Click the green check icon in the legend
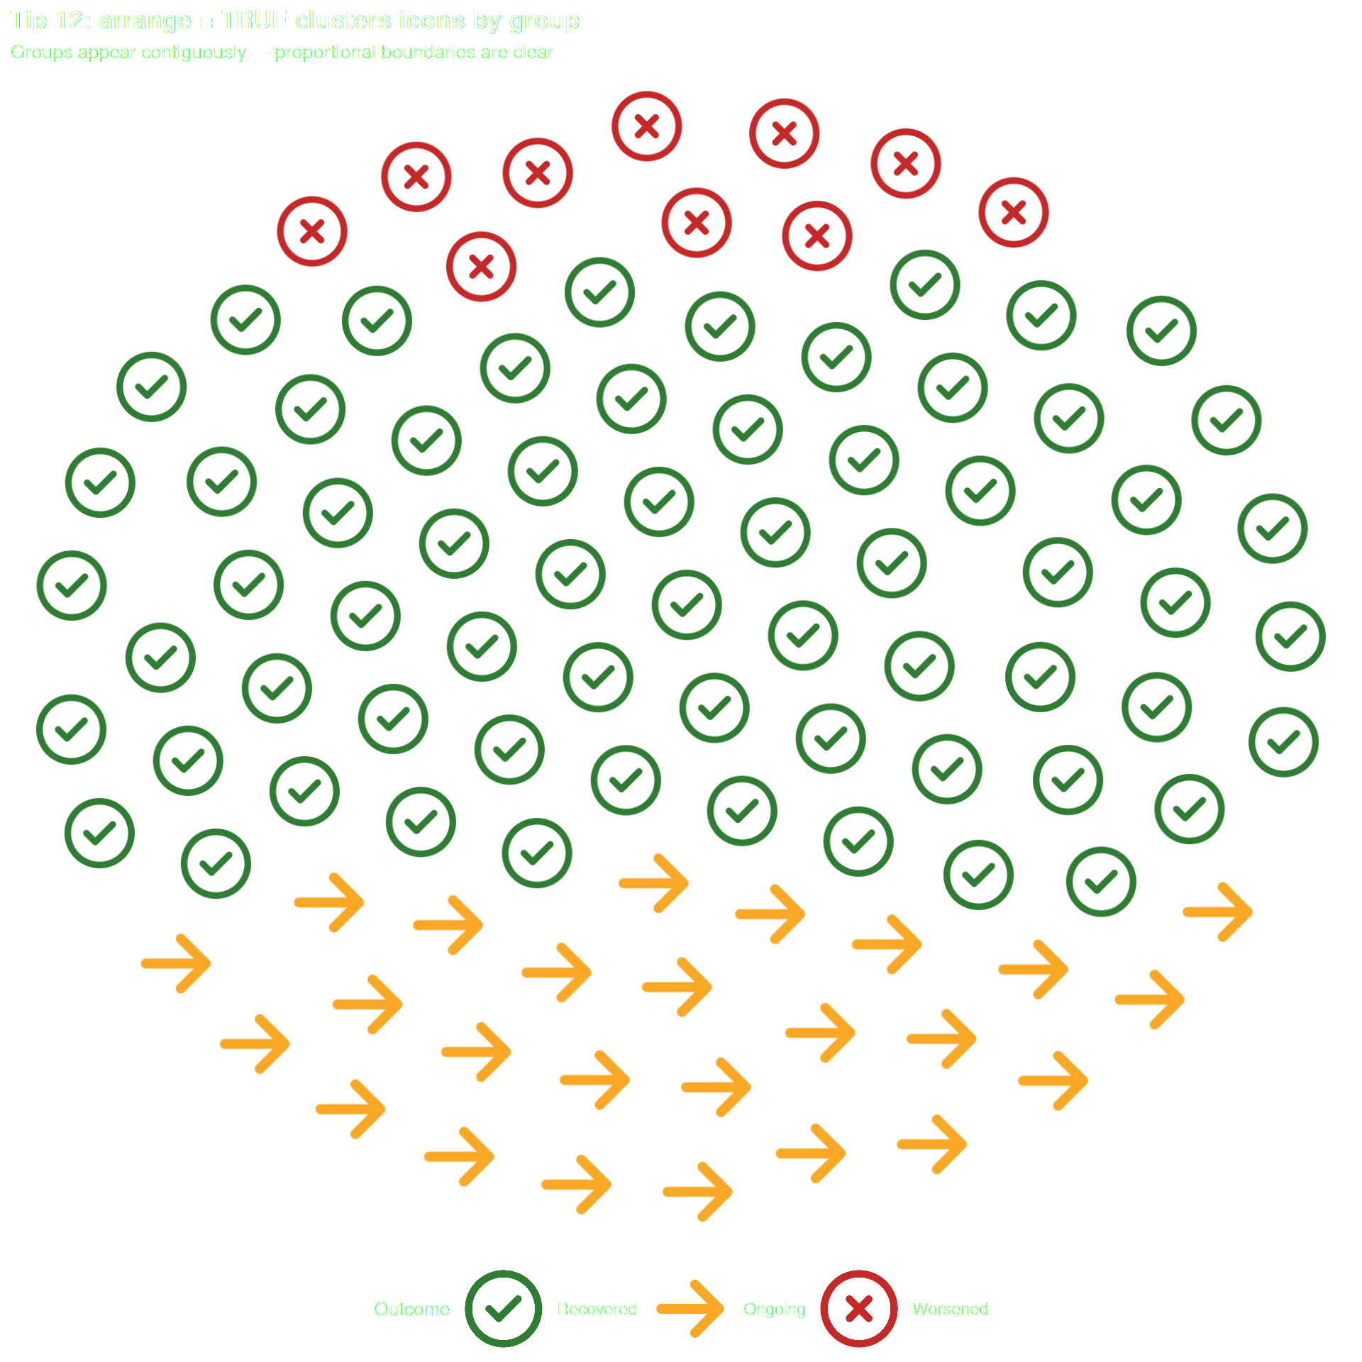click(x=503, y=1308)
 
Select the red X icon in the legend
click(x=858, y=1308)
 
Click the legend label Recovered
click(x=597, y=1309)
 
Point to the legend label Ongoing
click(x=774, y=1309)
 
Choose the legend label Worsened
click(x=950, y=1309)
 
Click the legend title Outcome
click(x=411, y=1309)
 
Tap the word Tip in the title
click(x=28, y=21)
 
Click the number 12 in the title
click(x=70, y=21)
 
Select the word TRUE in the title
click(x=254, y=21)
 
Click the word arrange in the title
click(x=145, y=21)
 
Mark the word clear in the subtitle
click(x=533, y=52)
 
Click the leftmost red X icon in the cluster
click(x=312, y=231)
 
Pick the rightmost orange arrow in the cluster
click(x=1218, y=912)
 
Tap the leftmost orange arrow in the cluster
click(x=177, y=963)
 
